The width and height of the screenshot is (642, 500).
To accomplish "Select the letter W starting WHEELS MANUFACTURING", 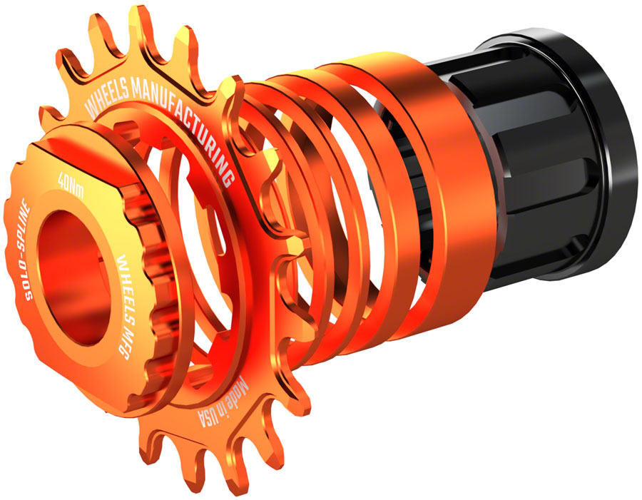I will [x=90, y=111].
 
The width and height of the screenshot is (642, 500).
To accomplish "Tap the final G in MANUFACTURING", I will [x=228, y=175].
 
